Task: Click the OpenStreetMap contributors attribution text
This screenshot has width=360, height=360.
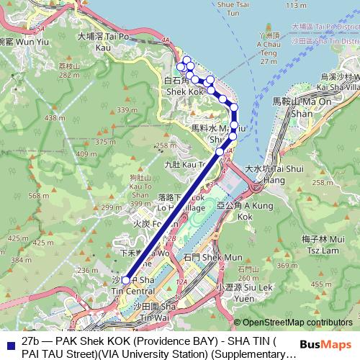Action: coord(297,323)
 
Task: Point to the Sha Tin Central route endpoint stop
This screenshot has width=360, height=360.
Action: coord(125,281)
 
